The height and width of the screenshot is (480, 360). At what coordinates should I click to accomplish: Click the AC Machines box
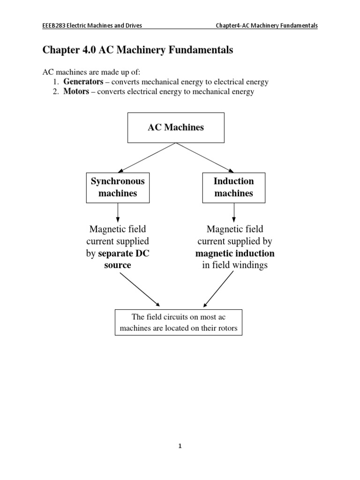(x=176, y=127)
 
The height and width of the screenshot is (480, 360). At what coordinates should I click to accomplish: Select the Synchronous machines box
(x=118, y=187)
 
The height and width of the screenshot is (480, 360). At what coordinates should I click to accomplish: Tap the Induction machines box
(x=233, y=187)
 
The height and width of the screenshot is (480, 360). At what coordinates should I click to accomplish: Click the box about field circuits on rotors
(x=178, y=322)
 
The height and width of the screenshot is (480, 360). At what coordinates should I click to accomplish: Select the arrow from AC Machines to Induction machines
(x=205, y=157)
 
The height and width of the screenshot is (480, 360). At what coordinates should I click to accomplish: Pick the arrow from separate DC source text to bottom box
(x=140, y=289)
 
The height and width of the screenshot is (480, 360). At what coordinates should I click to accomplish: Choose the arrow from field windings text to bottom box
(x=219, y=288)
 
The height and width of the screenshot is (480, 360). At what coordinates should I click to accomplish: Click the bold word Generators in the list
(x=83, y=82)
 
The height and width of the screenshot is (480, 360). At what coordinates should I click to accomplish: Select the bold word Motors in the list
(x=76, y=92)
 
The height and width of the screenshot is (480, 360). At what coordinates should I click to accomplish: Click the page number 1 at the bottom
(x=180, y=446)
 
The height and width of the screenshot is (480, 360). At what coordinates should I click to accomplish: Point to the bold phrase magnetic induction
(x=235, y=254)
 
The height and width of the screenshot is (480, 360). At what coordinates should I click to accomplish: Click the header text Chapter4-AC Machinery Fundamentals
(x=266, y=26)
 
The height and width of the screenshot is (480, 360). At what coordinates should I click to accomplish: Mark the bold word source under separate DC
(x=117, y=265)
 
